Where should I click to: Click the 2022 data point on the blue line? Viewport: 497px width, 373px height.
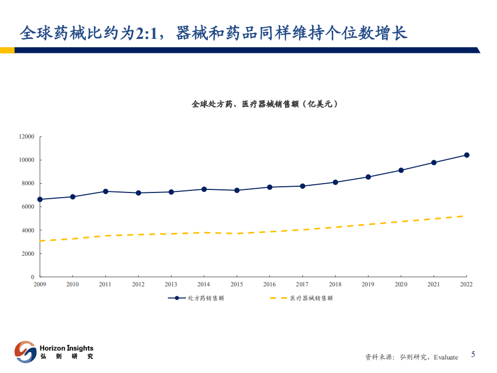click(x=466, y=155)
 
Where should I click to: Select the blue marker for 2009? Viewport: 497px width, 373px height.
click(x=40, y=199)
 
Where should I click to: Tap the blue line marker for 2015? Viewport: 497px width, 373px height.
click(x=237, y=190)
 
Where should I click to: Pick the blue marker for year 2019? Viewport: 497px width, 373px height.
click(x=368, y=177)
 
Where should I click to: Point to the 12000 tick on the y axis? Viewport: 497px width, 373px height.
click(x=26, y=137)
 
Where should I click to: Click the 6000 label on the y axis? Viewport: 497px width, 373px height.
click(x=27, y=207)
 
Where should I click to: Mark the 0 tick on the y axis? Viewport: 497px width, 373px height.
click(x=33, y=277)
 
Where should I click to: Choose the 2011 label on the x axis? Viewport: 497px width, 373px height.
click(x=105, y=284)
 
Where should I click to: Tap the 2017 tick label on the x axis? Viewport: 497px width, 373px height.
click(x=302, y=284)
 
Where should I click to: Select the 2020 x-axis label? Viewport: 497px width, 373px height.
click(x=401, y=284)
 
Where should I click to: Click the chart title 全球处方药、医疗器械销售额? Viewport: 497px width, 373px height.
click(x=264, y=104)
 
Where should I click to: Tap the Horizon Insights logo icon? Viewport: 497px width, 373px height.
click(x=25, y=351)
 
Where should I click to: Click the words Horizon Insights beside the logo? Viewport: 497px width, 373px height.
click(x=66, y=348)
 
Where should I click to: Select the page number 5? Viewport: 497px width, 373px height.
click(x=473, y=355)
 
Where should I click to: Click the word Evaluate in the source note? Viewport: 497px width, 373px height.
click(x=446, y=357)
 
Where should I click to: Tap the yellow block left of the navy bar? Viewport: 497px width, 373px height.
click(x=7, y=50)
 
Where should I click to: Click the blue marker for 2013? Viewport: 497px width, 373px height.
click(x=171, y=192)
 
